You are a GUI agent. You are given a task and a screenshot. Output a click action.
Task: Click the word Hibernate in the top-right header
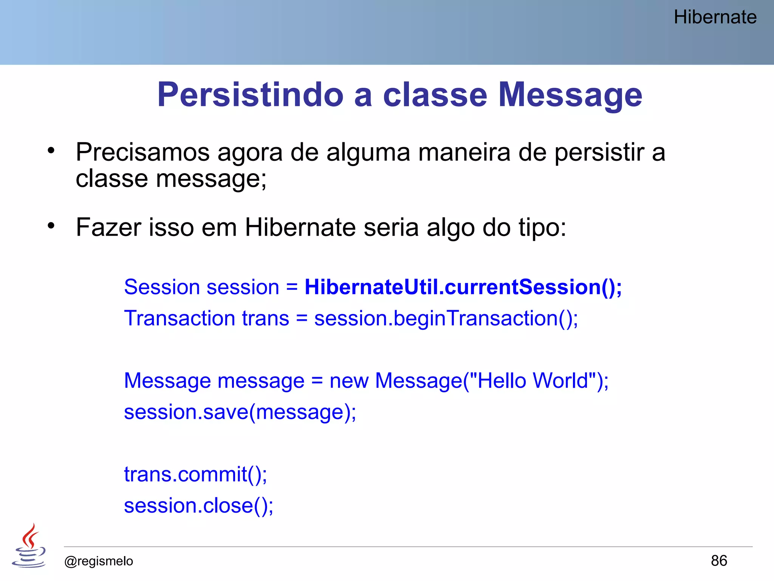click(715, 17)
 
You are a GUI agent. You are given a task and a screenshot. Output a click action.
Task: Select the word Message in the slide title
click(570, 95)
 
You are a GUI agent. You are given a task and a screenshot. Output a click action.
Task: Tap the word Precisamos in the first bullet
click(143, 152)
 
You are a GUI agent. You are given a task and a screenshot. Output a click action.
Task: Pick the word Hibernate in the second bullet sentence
click(300, 227)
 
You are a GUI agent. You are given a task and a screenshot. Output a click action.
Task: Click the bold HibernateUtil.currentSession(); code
click(463, 287)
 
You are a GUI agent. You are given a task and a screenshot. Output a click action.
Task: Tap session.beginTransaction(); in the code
click(446, 318)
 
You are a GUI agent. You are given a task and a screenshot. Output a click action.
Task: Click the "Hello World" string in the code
click(533, 381)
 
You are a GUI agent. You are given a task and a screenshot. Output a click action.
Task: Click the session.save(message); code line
click(240, 412)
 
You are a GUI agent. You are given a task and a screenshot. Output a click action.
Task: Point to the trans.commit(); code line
click(195, 474)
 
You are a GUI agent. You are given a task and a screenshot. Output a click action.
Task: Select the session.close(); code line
click(198, 506)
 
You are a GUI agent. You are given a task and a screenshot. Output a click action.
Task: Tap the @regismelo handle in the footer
click(99, 561)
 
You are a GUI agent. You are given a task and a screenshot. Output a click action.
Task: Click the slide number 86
click(719, 561)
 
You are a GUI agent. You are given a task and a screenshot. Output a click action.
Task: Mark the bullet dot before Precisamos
click(51, 151)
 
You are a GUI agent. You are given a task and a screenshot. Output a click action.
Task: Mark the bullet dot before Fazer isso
click(51, 226)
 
